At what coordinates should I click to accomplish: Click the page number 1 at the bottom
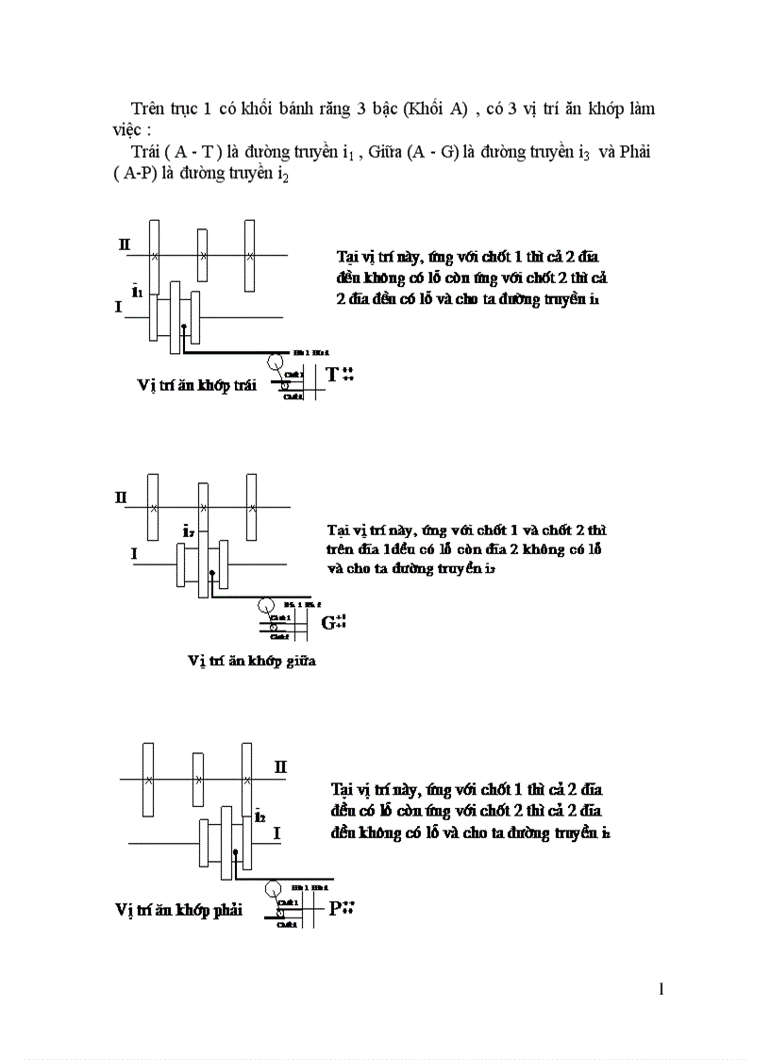point(661,989)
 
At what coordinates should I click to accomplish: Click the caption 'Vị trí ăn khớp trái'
point(197,386)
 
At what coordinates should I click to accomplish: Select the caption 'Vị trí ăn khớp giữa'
point(251,661)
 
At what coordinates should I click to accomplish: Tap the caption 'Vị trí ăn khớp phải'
point(178,910)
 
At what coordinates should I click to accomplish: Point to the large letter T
point(332,375)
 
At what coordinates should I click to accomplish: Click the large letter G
point(328,622)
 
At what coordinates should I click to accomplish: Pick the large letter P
point(334,909)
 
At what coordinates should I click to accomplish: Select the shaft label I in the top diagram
point(119,307)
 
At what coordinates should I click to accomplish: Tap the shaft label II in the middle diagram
point(122,497)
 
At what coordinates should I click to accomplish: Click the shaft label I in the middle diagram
point(134,555)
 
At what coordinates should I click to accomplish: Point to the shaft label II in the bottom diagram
point(280,766)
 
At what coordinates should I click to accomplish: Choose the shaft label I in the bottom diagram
point(276,833)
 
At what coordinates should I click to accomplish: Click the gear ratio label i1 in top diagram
point(137,291)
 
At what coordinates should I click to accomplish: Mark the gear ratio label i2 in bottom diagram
point(259,815)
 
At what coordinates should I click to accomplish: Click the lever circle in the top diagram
point(276,361)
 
